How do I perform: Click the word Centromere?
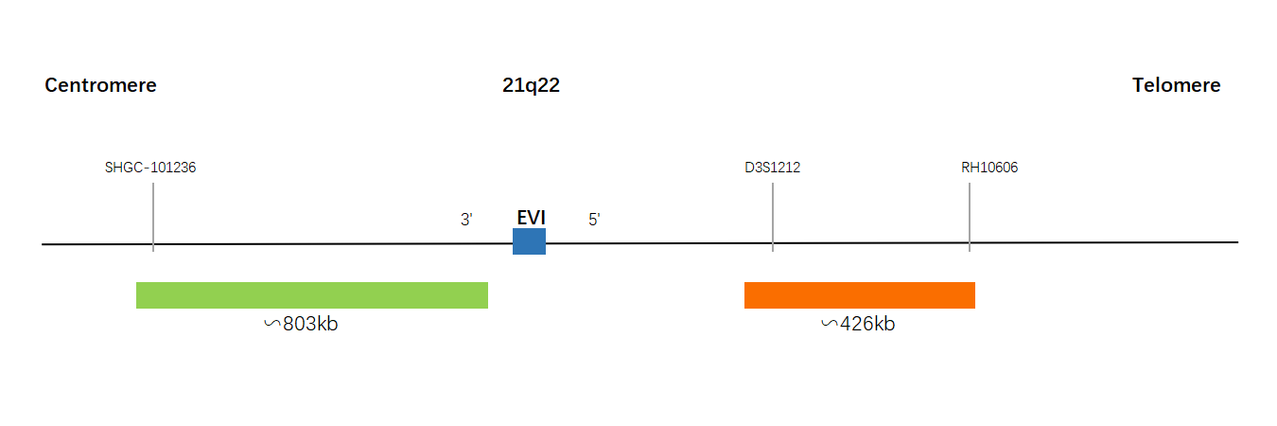tap(100, 85)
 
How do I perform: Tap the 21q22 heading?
tap(531, 85)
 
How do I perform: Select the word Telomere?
tap(1176, 85)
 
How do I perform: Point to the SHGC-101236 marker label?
tap(150, 168)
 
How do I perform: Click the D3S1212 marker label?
tap(773, 168)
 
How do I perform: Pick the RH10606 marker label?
tap(989, 168)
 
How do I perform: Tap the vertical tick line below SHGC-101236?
tap(153, 218)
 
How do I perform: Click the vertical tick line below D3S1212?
tap(773, 218)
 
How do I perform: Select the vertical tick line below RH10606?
tap(970, 218)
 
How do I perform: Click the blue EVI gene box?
tap(529, 241)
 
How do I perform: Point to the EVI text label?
tap(531, 218)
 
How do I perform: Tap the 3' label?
tap(466, 219)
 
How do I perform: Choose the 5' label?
tap(594, 219)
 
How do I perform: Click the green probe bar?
tap(312, 295)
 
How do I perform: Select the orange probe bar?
tap(860, 295)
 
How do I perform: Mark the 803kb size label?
tap(310, 324)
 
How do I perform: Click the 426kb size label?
tap(867, 324)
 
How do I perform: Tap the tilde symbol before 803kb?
tap(272, 324)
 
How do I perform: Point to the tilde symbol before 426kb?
tap(830, 324)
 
